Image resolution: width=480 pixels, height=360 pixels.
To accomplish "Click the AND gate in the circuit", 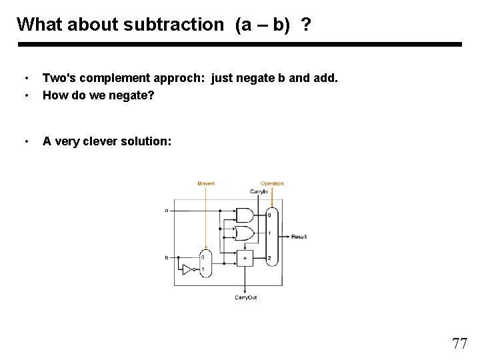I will tap(245, 215).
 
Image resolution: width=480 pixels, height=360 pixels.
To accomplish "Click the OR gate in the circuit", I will tap(245, 233).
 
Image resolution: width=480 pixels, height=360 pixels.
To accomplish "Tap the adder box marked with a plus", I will tap(245, 257).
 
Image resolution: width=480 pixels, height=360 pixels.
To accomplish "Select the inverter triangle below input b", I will tap(187, 269).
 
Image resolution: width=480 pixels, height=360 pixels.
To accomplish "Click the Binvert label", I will tap(207, 183).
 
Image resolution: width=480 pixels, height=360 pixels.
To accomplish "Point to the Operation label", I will tap(272, 183).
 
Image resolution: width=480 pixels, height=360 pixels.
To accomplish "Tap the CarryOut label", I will tap(245, 297).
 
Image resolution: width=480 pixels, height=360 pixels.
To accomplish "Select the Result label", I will tap(299, 237).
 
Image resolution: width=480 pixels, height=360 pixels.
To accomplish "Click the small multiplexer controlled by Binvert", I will tap(205, 263).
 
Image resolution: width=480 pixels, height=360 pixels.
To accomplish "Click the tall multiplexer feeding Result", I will tap(271, 237).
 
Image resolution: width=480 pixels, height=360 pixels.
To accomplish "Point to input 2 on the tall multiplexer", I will tap(269, 257).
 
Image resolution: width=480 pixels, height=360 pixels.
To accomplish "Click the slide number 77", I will tap(459, 344).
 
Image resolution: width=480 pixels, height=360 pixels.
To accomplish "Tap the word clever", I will tap(100, 141).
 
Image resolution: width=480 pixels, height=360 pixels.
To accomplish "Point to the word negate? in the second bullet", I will tap(131, 95).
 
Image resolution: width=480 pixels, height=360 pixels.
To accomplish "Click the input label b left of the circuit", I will tap(167, 257).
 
